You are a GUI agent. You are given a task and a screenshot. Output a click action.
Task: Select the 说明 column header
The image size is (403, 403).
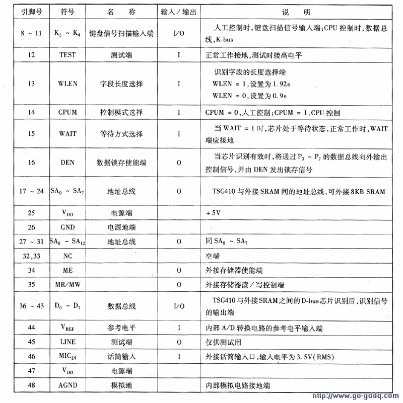click(300, 11)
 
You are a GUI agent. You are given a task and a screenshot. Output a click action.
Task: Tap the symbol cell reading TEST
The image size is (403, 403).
click(68, 55)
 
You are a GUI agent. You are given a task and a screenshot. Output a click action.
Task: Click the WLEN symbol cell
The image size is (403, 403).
click(68, 84)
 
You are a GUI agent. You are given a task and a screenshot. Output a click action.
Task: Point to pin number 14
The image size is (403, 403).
click(31, 112)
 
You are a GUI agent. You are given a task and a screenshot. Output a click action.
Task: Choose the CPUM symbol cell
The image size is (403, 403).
click(68, 112)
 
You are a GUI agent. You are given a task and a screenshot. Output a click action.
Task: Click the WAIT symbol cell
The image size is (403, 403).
click(68, 134)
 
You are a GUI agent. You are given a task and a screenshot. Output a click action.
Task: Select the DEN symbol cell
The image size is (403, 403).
click(68, 163)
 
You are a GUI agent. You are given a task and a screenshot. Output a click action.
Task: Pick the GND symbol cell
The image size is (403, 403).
click(68, 227)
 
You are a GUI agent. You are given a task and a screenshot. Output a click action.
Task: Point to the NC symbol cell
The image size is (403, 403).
click(68, 256)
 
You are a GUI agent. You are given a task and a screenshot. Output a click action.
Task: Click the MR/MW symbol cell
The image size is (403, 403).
click(68, 285)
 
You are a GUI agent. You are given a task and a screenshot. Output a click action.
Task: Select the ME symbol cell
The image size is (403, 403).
click(68, 271)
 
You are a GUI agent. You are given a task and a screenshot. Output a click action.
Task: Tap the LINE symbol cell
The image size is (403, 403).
click(68, 342)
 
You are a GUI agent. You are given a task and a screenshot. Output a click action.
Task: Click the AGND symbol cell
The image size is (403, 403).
click(68, 385)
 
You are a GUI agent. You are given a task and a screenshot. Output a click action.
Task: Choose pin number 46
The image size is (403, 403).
click(31, 356)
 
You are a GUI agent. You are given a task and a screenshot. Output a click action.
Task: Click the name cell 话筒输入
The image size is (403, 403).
click(121, 356)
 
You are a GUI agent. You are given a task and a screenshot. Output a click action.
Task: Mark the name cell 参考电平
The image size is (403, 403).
click(121, 328)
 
